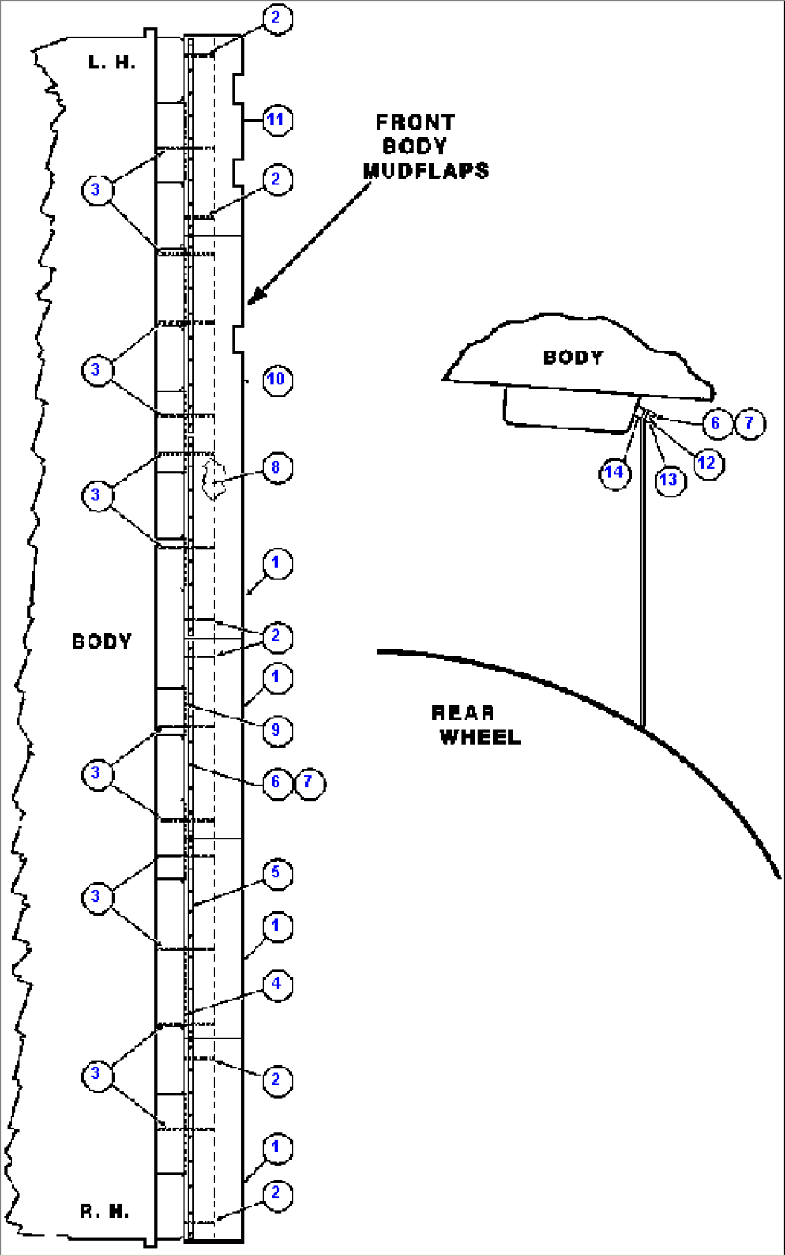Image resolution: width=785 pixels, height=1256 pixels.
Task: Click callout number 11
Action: point(277,119)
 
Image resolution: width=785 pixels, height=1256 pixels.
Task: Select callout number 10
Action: point(277,379)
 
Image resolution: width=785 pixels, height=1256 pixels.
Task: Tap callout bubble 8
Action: point(277,468)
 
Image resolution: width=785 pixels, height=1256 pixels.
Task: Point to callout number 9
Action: point(277,731)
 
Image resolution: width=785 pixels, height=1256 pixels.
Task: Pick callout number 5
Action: point(277,873)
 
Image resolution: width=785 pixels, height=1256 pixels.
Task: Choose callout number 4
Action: point(277,984)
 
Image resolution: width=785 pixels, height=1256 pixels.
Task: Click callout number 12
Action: point(708,464)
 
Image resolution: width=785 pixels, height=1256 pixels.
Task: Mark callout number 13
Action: point(670,479)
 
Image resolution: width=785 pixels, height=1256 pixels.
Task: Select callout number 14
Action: point(614,473)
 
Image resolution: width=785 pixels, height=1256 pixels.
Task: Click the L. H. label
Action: point(112,63)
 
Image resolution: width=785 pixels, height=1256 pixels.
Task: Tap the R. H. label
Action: point(105,1211)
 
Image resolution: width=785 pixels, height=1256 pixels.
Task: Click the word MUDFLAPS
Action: point(426,171)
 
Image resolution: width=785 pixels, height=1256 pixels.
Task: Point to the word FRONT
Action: point(416,122)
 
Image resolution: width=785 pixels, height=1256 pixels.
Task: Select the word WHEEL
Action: point(480,738)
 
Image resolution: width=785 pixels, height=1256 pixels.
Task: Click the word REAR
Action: point(463,713)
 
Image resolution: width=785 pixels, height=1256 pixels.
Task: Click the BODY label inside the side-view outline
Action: point(573,358)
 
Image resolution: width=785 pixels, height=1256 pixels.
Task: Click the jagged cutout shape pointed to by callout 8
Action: point(212,478)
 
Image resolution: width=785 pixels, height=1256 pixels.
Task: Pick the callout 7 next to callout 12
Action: point(749,423)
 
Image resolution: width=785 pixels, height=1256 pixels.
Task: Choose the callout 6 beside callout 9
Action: point(277,782)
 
